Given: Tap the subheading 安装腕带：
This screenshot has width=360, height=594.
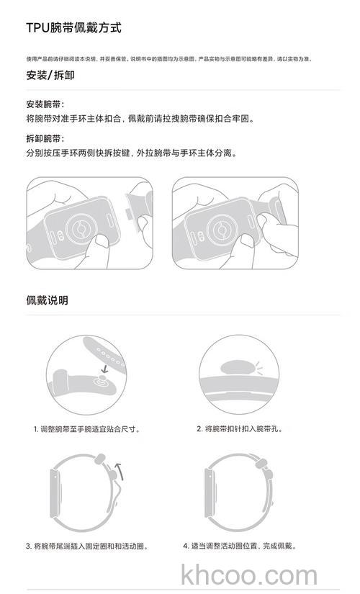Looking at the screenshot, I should [45, 104].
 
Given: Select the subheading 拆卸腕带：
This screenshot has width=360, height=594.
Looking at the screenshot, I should [45, 138].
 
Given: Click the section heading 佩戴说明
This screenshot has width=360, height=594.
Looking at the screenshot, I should [47, 300].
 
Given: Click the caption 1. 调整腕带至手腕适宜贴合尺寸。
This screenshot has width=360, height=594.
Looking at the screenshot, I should [86, 429].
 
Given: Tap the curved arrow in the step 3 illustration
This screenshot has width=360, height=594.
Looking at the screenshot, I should [120, 472].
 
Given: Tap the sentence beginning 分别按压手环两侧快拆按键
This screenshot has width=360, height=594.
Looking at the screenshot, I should [131, 153].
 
